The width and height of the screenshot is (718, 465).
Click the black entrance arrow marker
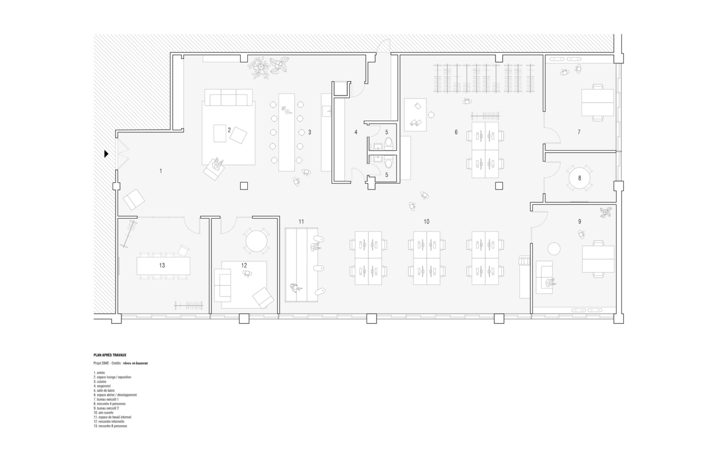106,153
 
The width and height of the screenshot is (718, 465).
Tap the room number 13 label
162,265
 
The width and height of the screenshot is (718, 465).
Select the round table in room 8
579,178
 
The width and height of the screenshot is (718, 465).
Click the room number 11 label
302,221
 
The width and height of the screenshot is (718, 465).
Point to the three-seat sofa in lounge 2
229,99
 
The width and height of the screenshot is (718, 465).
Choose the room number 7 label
579,132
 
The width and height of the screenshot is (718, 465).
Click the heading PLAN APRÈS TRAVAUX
110,356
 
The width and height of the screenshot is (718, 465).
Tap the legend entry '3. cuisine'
100,382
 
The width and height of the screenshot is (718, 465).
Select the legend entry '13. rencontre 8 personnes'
110,426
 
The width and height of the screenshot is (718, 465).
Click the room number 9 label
580,221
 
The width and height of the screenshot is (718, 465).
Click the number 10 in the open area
426,221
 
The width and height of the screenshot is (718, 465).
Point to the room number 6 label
456,132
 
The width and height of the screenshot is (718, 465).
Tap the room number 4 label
356,132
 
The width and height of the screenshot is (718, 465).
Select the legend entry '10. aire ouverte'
103,413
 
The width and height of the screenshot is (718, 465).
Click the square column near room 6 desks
499,186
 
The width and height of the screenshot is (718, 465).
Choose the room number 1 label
161,171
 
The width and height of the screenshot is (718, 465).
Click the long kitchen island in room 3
287,132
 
